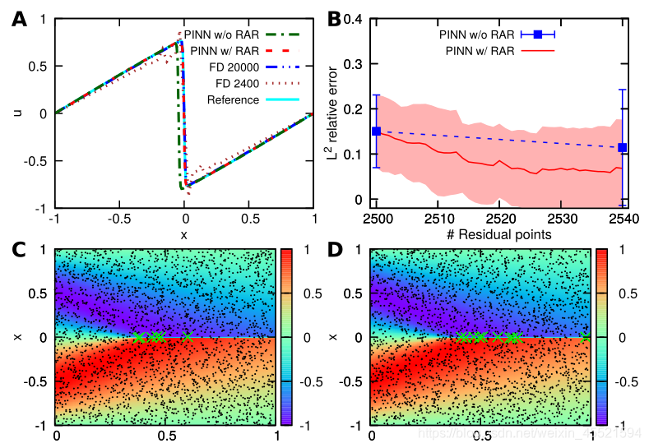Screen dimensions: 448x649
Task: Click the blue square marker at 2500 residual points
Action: click(376, 131)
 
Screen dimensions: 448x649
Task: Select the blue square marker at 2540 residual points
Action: click(622, 148)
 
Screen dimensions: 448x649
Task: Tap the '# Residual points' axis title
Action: click(498, 235)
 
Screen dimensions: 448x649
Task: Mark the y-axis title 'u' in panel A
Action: click(18, 113)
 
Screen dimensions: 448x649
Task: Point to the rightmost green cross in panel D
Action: click(585, 337)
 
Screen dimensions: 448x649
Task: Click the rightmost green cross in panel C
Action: click(188, 337)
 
